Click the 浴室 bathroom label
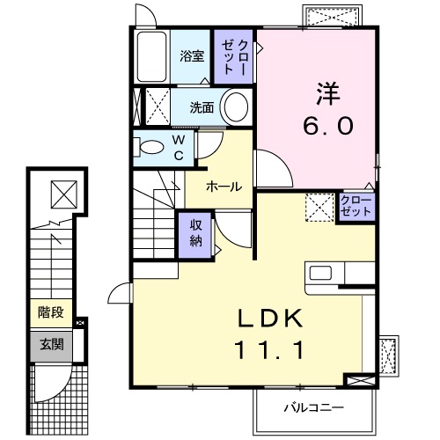tap(192, 56)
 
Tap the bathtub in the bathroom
tap(152, 56)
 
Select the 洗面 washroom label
tap(204, 108)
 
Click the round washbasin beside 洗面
tap(235, 109)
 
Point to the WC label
tap(178, 147)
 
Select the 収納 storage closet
tap(196, 235)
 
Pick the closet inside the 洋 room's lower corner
tap(356, 207)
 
